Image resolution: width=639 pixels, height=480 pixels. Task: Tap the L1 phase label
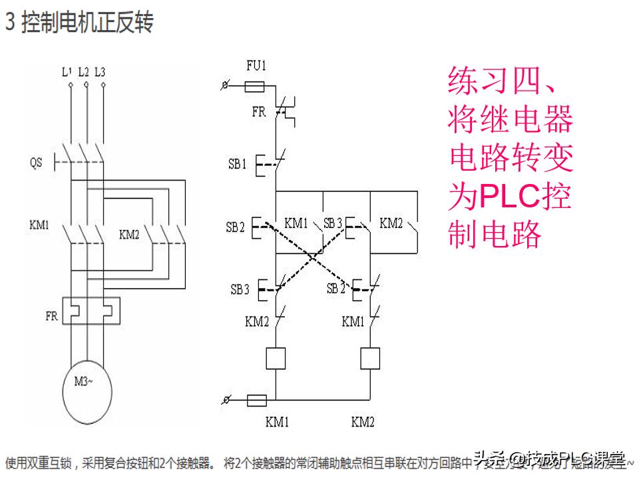67,71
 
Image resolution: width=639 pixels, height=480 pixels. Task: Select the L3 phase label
101,71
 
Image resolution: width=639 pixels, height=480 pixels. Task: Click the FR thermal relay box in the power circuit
91,311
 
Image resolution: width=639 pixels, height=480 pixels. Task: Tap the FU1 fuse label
256,66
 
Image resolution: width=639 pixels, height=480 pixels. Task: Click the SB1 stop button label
238,164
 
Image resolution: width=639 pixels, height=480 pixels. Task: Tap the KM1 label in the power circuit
39,225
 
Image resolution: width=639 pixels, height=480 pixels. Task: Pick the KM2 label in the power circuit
129,235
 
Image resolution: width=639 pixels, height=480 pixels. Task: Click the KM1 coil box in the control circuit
276,358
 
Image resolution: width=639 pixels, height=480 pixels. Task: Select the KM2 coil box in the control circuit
369,358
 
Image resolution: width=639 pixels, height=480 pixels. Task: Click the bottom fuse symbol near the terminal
256,400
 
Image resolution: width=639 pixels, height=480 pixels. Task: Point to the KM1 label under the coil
277,422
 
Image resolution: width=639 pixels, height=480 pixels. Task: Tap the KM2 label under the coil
363,422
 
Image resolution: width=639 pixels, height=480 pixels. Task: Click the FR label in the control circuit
258,112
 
